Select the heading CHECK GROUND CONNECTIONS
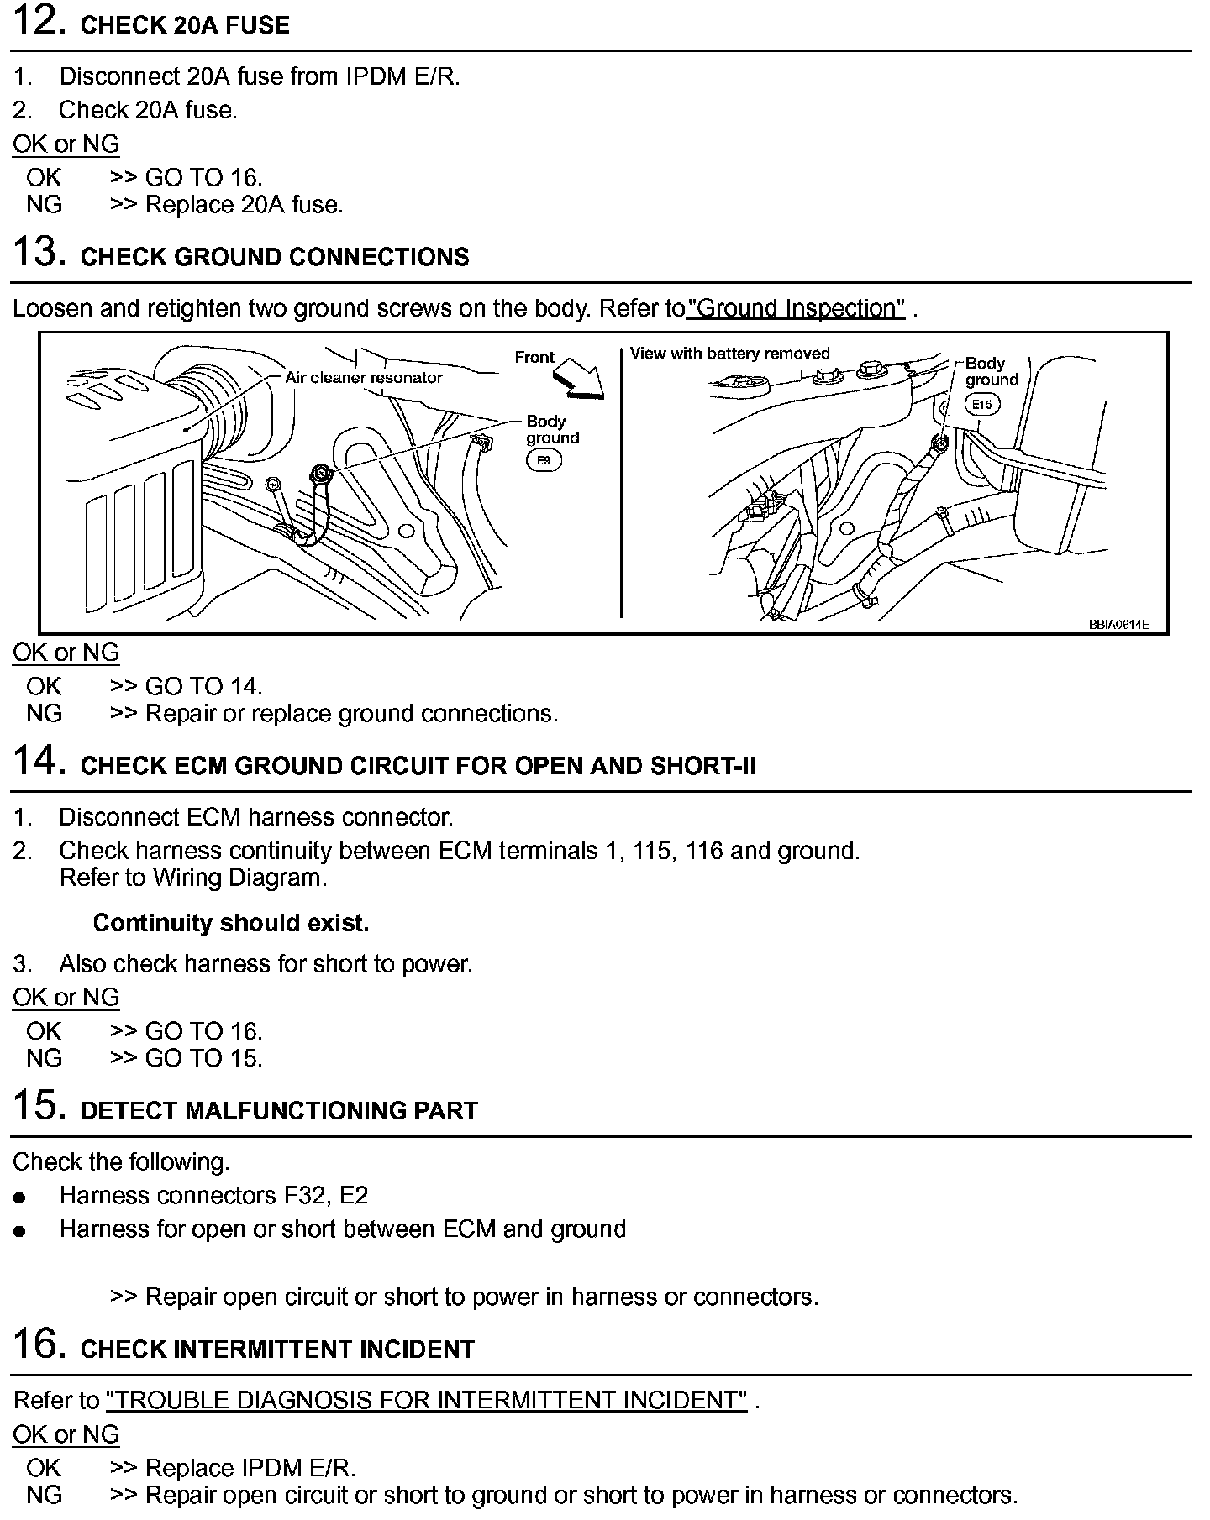point(275,256)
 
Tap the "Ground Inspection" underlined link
point(797,308)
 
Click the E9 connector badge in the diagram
point(544,460)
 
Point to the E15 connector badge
point(981,405)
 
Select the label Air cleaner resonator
point(363,378)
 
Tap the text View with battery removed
point(729,354)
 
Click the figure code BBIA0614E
point(1118,624)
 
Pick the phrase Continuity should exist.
point(231,923)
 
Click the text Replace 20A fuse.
point(244,205)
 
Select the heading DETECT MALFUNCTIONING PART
point(279,1110)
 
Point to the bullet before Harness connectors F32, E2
point(20,1198)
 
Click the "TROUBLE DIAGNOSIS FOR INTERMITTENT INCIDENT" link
point(426,1400)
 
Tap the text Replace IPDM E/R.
point(250,1468)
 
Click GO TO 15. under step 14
point(203,1058)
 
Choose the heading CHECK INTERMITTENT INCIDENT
point(277,1349)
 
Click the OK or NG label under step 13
point(66,653)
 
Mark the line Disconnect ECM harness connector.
point(255,816)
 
